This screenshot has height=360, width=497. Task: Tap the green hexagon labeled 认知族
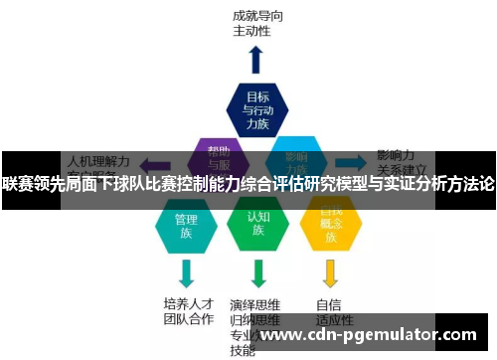(x=258, y=226)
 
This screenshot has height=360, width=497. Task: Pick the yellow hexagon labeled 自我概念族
(x=331, y=226)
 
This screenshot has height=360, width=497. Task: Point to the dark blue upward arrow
(x=256, y=60)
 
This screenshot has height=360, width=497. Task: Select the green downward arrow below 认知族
(x=258, y=271)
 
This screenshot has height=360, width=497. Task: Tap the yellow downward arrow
(x=331, y=271)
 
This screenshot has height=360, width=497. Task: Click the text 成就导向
(x=259, y=15)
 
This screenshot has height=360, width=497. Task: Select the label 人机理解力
(x=98, y=158)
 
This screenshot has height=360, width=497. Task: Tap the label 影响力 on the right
(x=396, y=156)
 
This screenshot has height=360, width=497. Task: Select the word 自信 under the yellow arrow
(x=329, y=303)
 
